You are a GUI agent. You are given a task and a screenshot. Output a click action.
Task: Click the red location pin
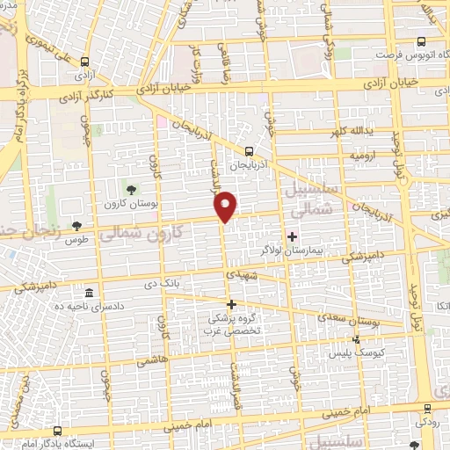[x=227, y=206]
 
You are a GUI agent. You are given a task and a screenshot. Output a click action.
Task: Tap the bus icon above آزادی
[x=85, y=62]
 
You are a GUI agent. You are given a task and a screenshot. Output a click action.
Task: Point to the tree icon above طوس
[x=77, y=225]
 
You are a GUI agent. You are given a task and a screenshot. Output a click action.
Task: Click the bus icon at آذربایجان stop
[x=250, y=150]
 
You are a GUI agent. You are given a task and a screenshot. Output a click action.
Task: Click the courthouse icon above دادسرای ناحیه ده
[x=89, y=293]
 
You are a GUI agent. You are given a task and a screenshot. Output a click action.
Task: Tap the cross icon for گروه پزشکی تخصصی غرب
[x=232, y=304]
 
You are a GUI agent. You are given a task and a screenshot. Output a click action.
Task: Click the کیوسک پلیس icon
[x=356, y=340]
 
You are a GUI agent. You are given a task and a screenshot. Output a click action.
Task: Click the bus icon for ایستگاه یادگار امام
[x=58, y=431]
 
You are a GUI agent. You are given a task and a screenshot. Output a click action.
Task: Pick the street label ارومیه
[x=362, y=156]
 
